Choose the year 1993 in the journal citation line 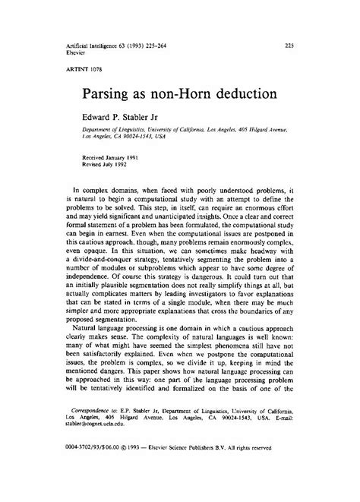coord(131,46)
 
